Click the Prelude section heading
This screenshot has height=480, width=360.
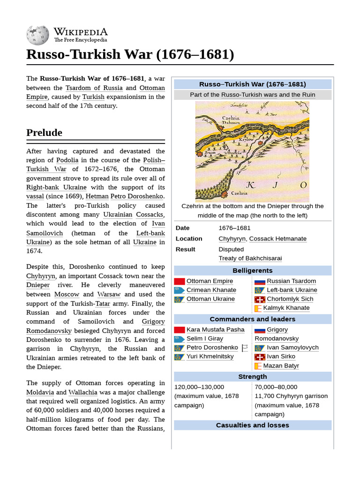click(x=44, y=133)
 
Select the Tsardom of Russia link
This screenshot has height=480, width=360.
click(x=94, y=88)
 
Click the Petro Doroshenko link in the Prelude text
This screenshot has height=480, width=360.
click(x=137, y=196)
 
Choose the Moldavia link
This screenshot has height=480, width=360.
click(x=40, y=392)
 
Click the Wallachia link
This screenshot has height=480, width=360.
click(x=84, y=392)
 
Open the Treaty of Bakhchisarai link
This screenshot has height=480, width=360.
click(x=250, y=258)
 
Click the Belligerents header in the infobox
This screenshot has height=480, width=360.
click(x=252, y=270)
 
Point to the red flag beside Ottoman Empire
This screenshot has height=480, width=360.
click(x=180, y=281)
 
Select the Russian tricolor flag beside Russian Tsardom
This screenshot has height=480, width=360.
click(x=260, y=281)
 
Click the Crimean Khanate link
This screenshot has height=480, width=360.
click(x=211, y=290)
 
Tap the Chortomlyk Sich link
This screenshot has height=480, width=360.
click(x=290, y=299)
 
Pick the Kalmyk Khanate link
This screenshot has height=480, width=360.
click(x=286, y=308)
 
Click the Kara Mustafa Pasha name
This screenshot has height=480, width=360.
click(x=215, y=330)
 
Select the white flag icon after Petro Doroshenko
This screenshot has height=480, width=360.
click(x=244, y=348)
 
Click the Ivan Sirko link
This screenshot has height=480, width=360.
click(x=281, y=357)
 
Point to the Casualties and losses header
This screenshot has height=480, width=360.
click(x=252, y=425)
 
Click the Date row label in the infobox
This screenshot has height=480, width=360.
click(x=183, y=228)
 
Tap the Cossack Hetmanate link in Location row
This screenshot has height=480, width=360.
click(x=277, y=239)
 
